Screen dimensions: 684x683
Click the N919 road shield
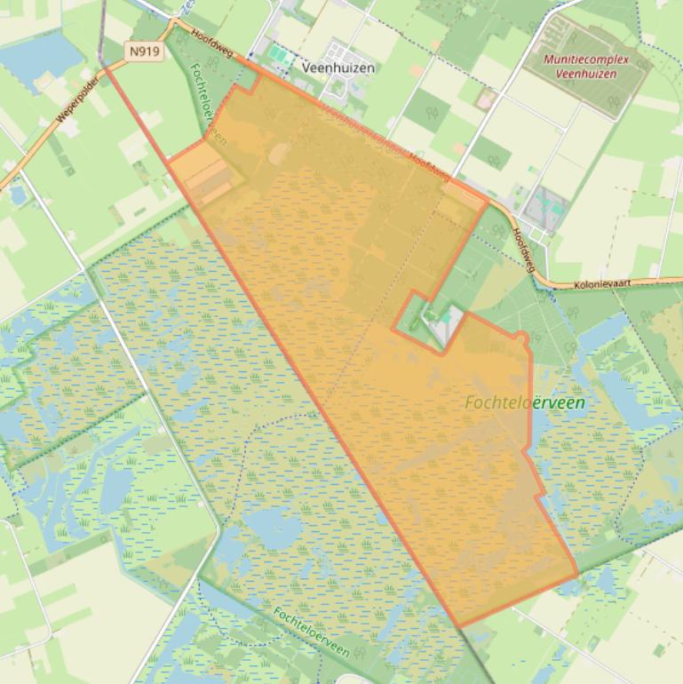click(144, 52)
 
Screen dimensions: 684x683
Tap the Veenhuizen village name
click(338, 68)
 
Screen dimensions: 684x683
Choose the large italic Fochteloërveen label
click(525, 402)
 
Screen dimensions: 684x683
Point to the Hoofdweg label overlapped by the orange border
click(427, 164)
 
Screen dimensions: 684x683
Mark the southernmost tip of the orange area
click(459, 626)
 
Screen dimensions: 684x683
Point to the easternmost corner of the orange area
click(578, 574)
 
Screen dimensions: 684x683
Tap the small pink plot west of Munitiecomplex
click(486, 99)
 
